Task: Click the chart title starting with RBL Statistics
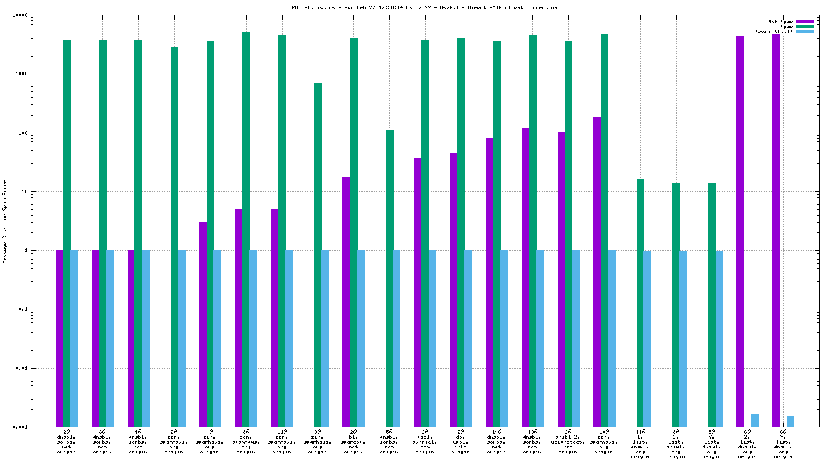coord(424,8)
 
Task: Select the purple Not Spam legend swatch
coord(805,22)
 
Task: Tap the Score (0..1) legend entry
coord(774,32)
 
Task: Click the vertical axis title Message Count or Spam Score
coord(5,221)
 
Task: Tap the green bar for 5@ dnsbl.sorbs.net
coord(389,278)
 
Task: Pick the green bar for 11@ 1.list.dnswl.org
coord(640,303)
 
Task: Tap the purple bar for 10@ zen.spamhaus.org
coord(596,272)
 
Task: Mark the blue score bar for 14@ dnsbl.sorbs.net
coord(504,339)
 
